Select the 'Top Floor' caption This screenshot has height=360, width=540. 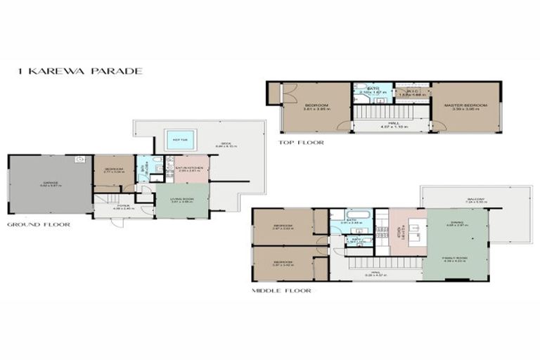click(301, 142)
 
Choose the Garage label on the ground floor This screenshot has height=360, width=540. click(50, 184)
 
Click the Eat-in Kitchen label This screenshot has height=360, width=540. click(188, 169)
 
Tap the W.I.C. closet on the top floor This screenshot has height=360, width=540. click(412, 92)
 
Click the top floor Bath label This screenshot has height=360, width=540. click(373, 90)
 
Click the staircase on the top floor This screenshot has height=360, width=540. click(390, 110)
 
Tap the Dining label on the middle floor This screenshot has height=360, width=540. click(457, 224)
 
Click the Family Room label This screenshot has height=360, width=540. click(457, 259)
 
